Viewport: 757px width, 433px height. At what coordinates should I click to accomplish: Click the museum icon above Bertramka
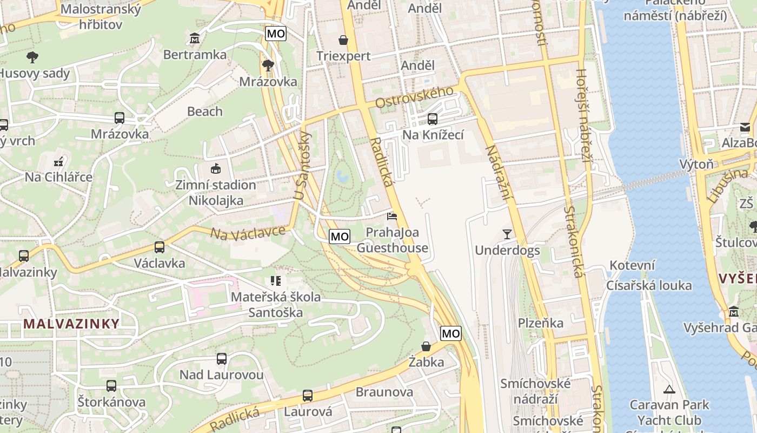tap(195, 38)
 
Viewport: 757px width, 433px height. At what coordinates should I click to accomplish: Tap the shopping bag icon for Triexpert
tap(343, 40)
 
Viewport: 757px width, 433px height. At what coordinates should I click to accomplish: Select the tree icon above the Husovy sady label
tap(32, 57)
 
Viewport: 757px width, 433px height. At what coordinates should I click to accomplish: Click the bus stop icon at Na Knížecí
tap(432, 119)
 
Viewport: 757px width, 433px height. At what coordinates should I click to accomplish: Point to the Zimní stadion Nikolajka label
tap(215, 193)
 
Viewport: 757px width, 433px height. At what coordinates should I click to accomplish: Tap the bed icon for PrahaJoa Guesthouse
tap(392, 216)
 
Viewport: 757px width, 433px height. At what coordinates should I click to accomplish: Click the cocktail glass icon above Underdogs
tap(507, 234)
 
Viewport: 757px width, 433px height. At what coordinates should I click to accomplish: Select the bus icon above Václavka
tap(159, 247)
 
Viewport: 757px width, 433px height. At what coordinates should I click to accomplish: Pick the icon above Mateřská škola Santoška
tap(276, 281)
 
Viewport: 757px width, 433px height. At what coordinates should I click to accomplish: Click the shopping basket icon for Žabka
tap(426, 346)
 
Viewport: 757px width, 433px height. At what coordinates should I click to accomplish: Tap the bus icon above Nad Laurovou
tap(221, 358)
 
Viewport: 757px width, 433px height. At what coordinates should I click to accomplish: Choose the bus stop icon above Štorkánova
tap(111, 386)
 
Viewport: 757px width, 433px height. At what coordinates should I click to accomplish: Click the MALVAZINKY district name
tap(71, 324)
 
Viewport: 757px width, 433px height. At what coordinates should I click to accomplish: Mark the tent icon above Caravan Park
tap(669, 389)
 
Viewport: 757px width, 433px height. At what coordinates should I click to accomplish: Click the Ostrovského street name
tap(414, 97)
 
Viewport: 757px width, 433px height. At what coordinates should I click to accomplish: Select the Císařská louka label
tap(649, 285)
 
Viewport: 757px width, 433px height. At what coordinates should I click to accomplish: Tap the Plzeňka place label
tap(541, 323)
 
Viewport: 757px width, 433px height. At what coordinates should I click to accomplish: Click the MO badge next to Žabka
tap(451, 333)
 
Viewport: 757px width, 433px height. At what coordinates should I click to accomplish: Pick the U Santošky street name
tap(302, 165)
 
